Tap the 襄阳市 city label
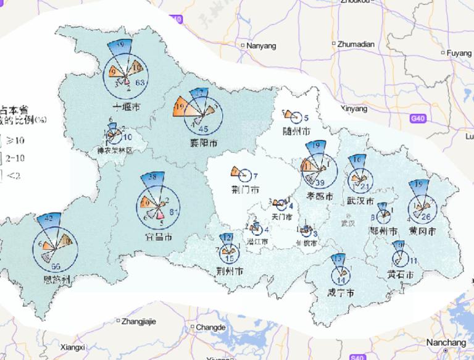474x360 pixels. click(204, 144)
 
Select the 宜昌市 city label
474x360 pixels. click(158, 237)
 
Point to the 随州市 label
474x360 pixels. click(296, 131)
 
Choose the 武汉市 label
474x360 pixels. click(360, 201)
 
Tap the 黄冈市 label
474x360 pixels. click(423, 231)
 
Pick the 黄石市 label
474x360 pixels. click(400, 275)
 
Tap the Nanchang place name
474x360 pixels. click(443, 343)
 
